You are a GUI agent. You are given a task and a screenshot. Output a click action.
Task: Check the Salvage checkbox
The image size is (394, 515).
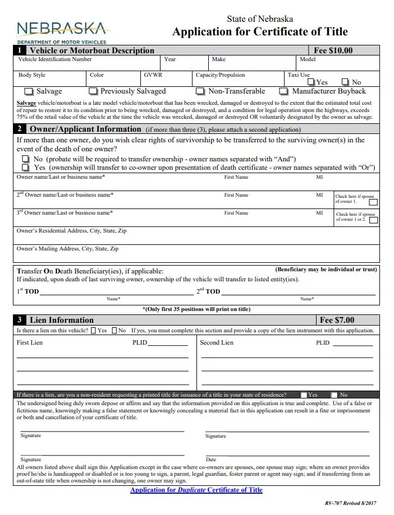click(28, 91)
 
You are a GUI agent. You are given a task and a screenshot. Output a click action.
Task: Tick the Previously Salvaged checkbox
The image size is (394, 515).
click(93, 91)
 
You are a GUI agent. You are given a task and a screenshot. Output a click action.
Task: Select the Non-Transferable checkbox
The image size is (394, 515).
click(200, 91)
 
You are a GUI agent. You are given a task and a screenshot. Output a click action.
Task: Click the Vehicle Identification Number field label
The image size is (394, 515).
click(55, 59)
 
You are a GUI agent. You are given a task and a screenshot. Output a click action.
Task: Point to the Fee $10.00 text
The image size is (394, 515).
click(333, 50)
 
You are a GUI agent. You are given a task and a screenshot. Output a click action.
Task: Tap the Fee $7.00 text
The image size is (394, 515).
click(337, 321)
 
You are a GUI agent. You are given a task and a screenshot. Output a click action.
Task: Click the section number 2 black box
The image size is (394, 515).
click(20, 129)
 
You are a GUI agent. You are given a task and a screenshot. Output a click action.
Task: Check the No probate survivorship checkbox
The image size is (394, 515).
click(25, 159)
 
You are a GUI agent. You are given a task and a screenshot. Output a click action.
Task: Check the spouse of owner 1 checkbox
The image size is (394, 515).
click(373, 202)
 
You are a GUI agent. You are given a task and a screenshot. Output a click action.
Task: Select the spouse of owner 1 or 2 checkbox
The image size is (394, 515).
click(373, 220)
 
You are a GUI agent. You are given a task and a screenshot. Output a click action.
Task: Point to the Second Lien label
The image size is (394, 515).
click(217, 343)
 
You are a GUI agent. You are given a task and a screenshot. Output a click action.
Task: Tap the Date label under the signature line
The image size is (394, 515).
click(211, 460)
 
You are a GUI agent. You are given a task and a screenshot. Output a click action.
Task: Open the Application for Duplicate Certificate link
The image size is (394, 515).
click(196, 490)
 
